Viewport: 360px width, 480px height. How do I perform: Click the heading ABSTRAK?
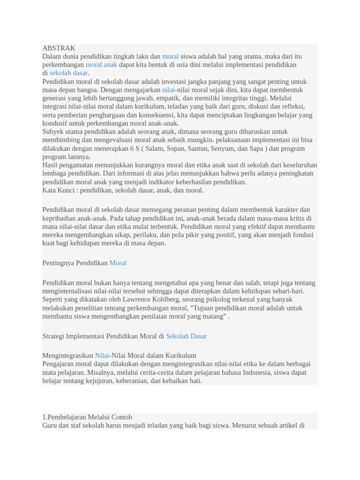pyautogui.click(x=59, y=48)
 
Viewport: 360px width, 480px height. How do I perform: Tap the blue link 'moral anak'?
pyautogui.click(x=101, y=65)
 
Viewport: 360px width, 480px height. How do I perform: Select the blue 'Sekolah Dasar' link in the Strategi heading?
pyautogui.click(x=186, y=336)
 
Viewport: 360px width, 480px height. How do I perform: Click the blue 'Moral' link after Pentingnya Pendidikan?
pyautogui.click(x=118, y=263)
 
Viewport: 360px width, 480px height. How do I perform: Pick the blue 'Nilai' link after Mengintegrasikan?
pyautogui.click(x=102, y=355)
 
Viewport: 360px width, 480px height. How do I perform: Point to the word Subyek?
pyautogui.click(x=53, y=132)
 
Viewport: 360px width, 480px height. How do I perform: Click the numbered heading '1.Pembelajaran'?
pyautogui.click(x=87, y=417)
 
